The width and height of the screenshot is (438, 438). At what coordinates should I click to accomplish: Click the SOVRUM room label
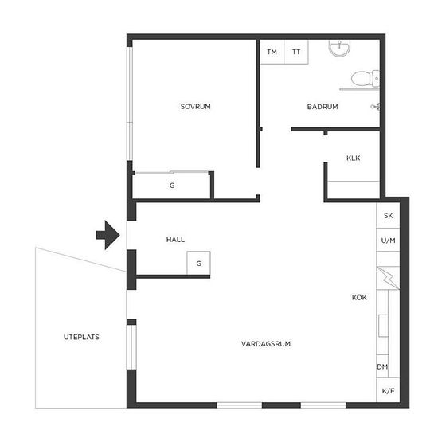pos(196,107)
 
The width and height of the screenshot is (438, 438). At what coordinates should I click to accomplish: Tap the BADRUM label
pos(323,107)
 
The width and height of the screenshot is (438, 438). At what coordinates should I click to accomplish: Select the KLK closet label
pos(354,158)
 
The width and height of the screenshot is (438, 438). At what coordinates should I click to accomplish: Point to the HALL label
pos(175,240)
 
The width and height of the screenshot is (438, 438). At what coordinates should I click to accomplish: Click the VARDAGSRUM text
pos(266,344)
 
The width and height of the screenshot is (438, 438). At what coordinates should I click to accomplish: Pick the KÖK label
pos(359,297)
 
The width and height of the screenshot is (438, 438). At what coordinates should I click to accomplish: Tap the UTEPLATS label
pos(81,337)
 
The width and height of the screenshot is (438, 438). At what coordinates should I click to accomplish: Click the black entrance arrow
pos(108,235)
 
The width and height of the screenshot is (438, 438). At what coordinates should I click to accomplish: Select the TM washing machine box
pos(272,52)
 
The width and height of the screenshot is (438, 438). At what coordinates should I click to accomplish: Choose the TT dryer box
pos(296,52)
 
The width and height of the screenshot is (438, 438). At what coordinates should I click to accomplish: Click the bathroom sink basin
pos(339,48)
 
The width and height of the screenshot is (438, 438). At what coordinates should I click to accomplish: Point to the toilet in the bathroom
pos(365,79)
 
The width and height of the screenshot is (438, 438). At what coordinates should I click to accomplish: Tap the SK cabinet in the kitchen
pos(388,216)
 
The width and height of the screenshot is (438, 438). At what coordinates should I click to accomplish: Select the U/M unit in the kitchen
pos(388,241)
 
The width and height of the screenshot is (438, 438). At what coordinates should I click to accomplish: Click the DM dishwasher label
pos(382,367)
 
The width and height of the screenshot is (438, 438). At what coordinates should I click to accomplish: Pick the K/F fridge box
pos(388,390)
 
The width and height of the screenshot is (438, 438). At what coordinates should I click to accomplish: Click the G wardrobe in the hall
pos(198,263)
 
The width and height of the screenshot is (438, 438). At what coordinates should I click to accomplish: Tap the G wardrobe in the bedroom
pos(172,186)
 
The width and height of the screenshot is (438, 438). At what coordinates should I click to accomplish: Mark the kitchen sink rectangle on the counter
pos(384,326)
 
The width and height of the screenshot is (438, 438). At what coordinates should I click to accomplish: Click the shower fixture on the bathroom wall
pos(375,107)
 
